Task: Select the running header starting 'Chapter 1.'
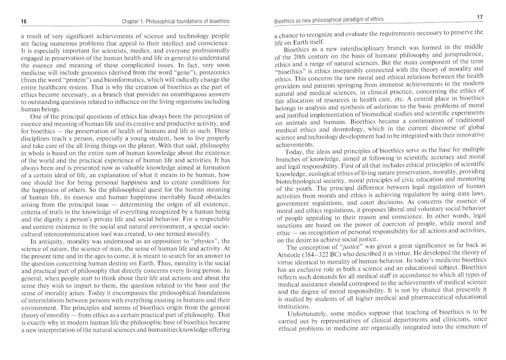[176, 21]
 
